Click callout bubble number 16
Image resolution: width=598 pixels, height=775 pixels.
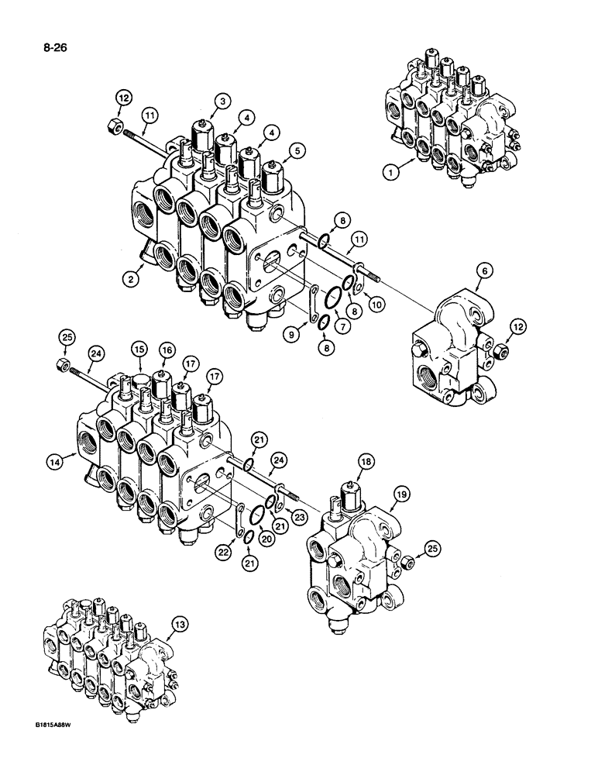pos(167,351)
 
